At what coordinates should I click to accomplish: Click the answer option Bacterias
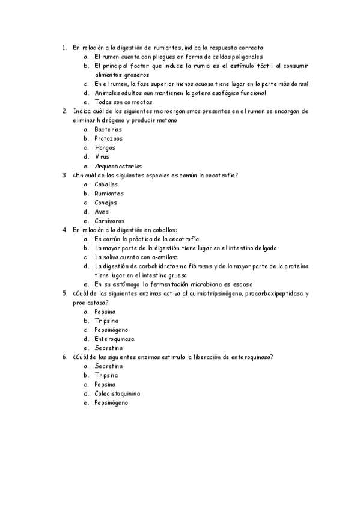[x=108, y=129]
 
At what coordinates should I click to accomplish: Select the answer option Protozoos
[x=108, y=138]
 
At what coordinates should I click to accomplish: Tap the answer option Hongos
[x=105, y=147]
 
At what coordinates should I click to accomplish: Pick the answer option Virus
[x=102, y=156]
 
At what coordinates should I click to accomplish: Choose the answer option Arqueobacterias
[x=118, y=166]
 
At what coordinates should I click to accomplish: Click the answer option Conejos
[x=106, y=203]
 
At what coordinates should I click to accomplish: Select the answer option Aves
[x=102, y=212]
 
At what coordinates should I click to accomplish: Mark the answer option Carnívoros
[x=109, y=221]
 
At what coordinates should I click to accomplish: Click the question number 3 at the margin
[x=64, y=175]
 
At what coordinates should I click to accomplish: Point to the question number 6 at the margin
[x=64, y=357]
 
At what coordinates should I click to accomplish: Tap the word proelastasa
[x=88, y=303]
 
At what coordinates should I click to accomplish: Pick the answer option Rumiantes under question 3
[x=109, y=194]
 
